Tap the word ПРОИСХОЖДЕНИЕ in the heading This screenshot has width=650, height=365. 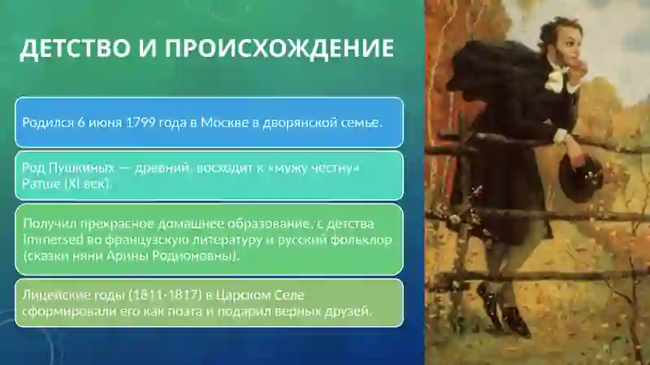pyautogui.click(x=279, y=49)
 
